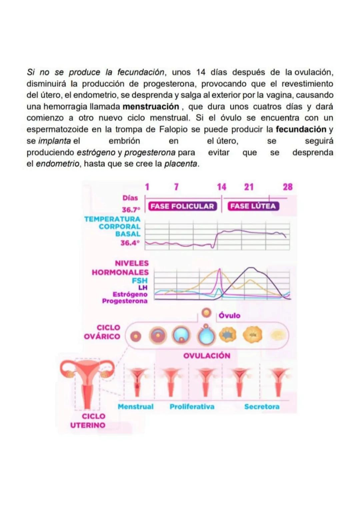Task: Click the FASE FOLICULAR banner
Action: [x=182, y=206]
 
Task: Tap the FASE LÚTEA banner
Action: [x=253, y=206]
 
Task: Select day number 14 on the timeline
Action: [x=222, y=187]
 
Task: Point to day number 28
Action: [x=288, y=187]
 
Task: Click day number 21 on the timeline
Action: [x=249, y=187]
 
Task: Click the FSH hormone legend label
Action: [x=139, y=281]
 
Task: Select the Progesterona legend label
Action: [x=125, y=301]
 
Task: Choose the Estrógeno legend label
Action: [x=130, y=294]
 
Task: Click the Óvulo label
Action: [x=229, y=315]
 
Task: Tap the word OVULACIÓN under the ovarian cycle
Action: [x=207, y=356]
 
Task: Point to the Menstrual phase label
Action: [x=136, y=407]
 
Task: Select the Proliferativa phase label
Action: [x=192, y=407]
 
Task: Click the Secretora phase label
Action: [x=262, y=407]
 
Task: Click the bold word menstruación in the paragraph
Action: [x=151, y=107]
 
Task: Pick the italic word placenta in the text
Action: [x=180, y=164]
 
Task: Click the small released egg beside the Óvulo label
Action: [x=207, y=313]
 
